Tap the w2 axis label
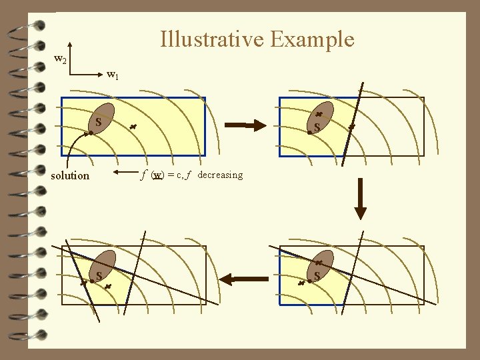coord(60,60)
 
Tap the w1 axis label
coord(113,75)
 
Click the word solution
coord(70,175)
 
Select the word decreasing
coord(220,175)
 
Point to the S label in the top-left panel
coord(98,123)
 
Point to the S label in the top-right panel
coord(317,127)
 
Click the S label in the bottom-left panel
coord(99,275)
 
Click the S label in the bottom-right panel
coord(317,275)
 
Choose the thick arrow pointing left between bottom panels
coord(243,278)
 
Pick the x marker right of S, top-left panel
coord(132,126)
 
